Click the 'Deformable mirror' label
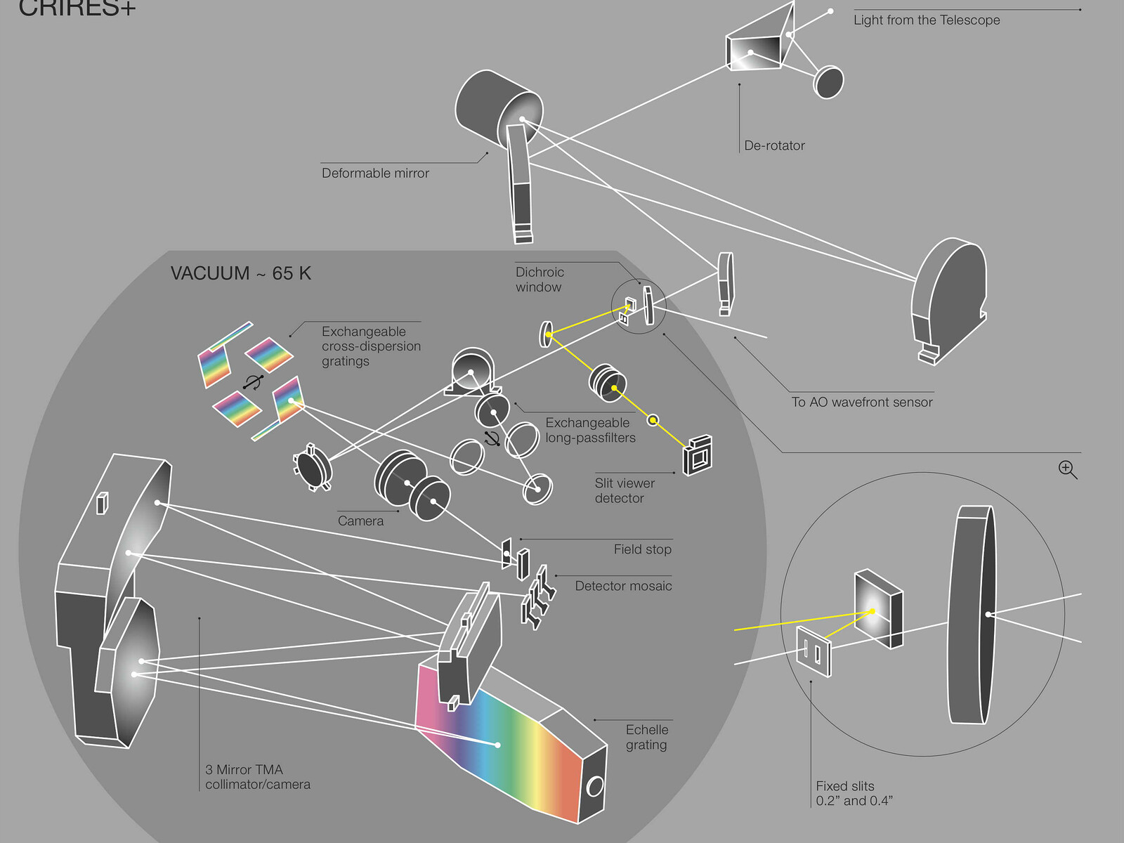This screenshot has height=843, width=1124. click(375, 174)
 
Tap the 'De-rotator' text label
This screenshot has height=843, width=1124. click(774, 146)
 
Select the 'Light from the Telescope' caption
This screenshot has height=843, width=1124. click(927, 20)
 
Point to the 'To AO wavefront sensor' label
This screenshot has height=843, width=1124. click(862, 403)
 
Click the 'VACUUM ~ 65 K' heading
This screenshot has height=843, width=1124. click(240, 273)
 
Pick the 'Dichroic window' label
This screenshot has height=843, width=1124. click(540, 280)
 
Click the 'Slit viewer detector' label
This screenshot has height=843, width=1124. click(625, 491)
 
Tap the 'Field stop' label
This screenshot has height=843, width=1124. click(642, 549)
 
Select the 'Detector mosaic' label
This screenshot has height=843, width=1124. click(623, 586)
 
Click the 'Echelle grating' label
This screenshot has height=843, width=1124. click(646, 738)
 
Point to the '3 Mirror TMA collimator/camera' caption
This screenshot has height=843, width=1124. click(258, 777)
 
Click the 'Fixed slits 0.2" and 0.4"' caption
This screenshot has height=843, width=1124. click(854, 794)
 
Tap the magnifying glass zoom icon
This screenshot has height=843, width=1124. click(1067, 469)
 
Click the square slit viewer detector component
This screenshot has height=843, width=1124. click(698, 457)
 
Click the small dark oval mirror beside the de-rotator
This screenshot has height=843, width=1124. click(828, 82)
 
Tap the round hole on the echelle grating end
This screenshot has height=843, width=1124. click(595, 786)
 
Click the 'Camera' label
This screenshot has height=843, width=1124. click(360, 521)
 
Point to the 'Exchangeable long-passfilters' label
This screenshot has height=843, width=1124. click(590, 431)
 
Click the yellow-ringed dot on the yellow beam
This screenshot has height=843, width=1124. click(653, 420)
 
